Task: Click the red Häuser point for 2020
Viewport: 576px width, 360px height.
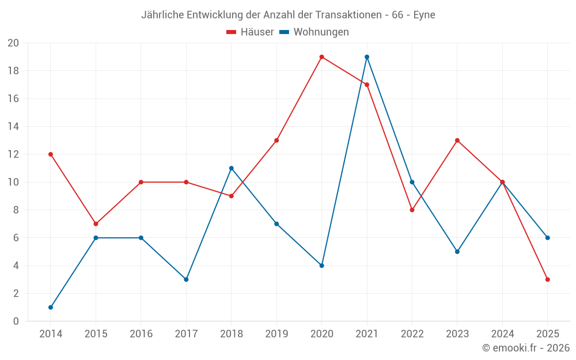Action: coord(321,57)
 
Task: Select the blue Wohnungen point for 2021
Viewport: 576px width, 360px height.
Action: coord(367,57)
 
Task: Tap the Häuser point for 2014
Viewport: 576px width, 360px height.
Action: coord(51,154)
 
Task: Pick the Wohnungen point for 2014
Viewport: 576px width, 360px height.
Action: coord(51,307)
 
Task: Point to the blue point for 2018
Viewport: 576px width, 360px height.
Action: coord(232,168)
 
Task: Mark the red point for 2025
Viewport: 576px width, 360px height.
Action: coord(548,279)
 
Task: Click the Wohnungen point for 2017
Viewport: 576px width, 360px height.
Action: coord(186,279)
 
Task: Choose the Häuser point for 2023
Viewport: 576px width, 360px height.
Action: coord(457,141)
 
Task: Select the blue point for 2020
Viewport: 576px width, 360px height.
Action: coord(321,266)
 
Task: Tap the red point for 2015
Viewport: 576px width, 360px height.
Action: coord(96,223)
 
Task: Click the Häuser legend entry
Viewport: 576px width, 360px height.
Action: coord(250,32)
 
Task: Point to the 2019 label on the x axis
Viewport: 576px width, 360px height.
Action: coord(276,334)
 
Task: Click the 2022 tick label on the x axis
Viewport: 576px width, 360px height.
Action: coord(412,334)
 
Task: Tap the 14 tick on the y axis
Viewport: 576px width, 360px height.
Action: coord(13,127)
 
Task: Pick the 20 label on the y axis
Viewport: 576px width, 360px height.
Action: coord(13,43)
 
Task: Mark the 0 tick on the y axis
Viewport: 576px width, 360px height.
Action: coord(16,321)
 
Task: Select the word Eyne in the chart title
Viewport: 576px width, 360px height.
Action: coord(424,15)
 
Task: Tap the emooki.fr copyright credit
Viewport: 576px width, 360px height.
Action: coord(526,348)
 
